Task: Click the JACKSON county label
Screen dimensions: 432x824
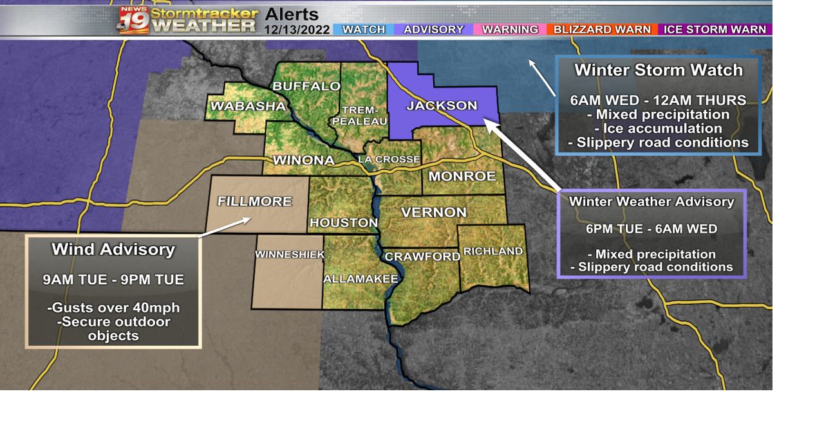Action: [x=442, y=106]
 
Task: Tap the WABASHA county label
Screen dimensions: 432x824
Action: [x=248, y=106]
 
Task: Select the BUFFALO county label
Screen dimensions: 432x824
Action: [x=306, y=86]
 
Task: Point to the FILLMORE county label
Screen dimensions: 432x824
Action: [x=255, y=201]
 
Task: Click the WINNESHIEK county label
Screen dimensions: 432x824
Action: [x=290, y=255]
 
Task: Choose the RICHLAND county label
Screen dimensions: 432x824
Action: [x=493, y=251]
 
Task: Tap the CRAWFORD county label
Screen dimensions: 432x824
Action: [x=422, y=256]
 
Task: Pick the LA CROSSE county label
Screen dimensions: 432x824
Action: [x=389, y=159]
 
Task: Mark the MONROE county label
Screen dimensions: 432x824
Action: [x=462, y=176]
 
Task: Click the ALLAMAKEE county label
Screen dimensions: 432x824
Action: [x=360, y=279]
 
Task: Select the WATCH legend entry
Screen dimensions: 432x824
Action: [x=364, y=30]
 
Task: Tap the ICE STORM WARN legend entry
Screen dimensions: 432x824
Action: [x=715, y=30]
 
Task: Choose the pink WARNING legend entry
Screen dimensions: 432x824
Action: [x=510, y=30]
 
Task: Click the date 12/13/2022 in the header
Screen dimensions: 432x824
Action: [x=297, y=30]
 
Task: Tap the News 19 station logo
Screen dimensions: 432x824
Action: [x=134, y=20]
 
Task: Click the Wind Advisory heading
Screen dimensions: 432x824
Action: [x=113, y=249]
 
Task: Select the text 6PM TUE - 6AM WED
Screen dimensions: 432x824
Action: [x=651, y=229]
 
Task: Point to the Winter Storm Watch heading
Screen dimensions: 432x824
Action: [x=659, y=70]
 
